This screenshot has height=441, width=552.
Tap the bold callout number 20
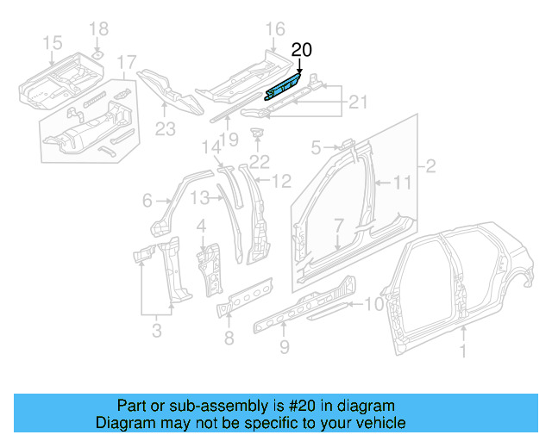click(x=301, y=51)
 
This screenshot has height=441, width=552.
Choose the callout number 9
click(x=284, y=348)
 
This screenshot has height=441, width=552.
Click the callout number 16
click(x=274, y=30)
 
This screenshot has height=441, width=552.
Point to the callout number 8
click(x=229, y=338)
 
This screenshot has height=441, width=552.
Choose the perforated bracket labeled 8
click(x=244, y=295)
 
